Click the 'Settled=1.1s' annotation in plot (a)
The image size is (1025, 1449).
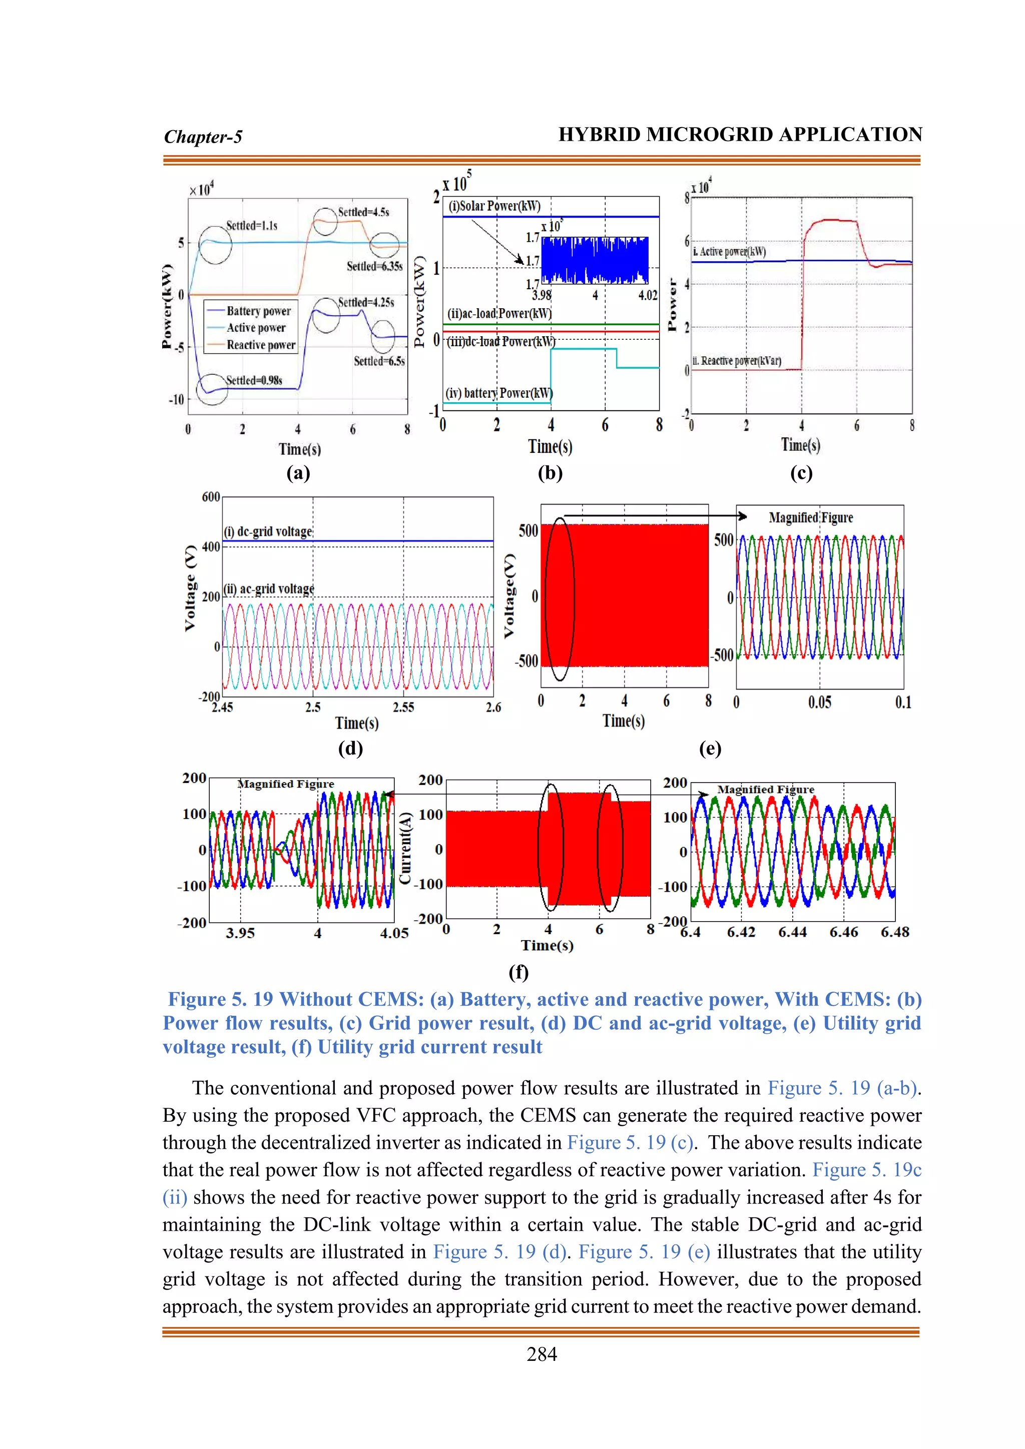click(x=251, y=225)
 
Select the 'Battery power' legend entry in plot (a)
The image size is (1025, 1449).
click(x=258, y=311)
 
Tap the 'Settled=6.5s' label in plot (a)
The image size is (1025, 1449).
click(x=379, y=361)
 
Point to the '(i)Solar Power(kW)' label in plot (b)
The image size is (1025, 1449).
click(x=494, y=206)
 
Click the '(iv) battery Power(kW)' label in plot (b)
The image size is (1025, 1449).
click(x=498, y=393)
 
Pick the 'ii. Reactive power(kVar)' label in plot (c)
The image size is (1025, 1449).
click(x=737, y=360)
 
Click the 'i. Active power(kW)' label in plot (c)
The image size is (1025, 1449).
click(x=730, y=251)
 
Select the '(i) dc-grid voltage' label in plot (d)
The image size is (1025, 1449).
click(x=268, y=531)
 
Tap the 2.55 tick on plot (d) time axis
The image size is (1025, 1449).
click(x=403, y=707)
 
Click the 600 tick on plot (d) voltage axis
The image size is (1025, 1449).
click(x=211, y=497)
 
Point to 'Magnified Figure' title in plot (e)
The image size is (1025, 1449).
click(x=810, y=517)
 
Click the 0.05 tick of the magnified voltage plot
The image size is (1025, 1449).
click(x=819, y=702)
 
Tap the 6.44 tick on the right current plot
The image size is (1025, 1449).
click(x=792, y=932)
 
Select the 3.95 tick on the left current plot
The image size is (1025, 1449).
click(x=240, y=933)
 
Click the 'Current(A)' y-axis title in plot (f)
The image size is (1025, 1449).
click(x=406, y=849)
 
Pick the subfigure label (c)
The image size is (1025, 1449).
click(x=800, y=473)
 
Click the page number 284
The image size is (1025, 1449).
click(x=542, y=1354)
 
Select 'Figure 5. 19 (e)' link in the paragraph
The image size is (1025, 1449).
click(x=644, y=1251)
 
